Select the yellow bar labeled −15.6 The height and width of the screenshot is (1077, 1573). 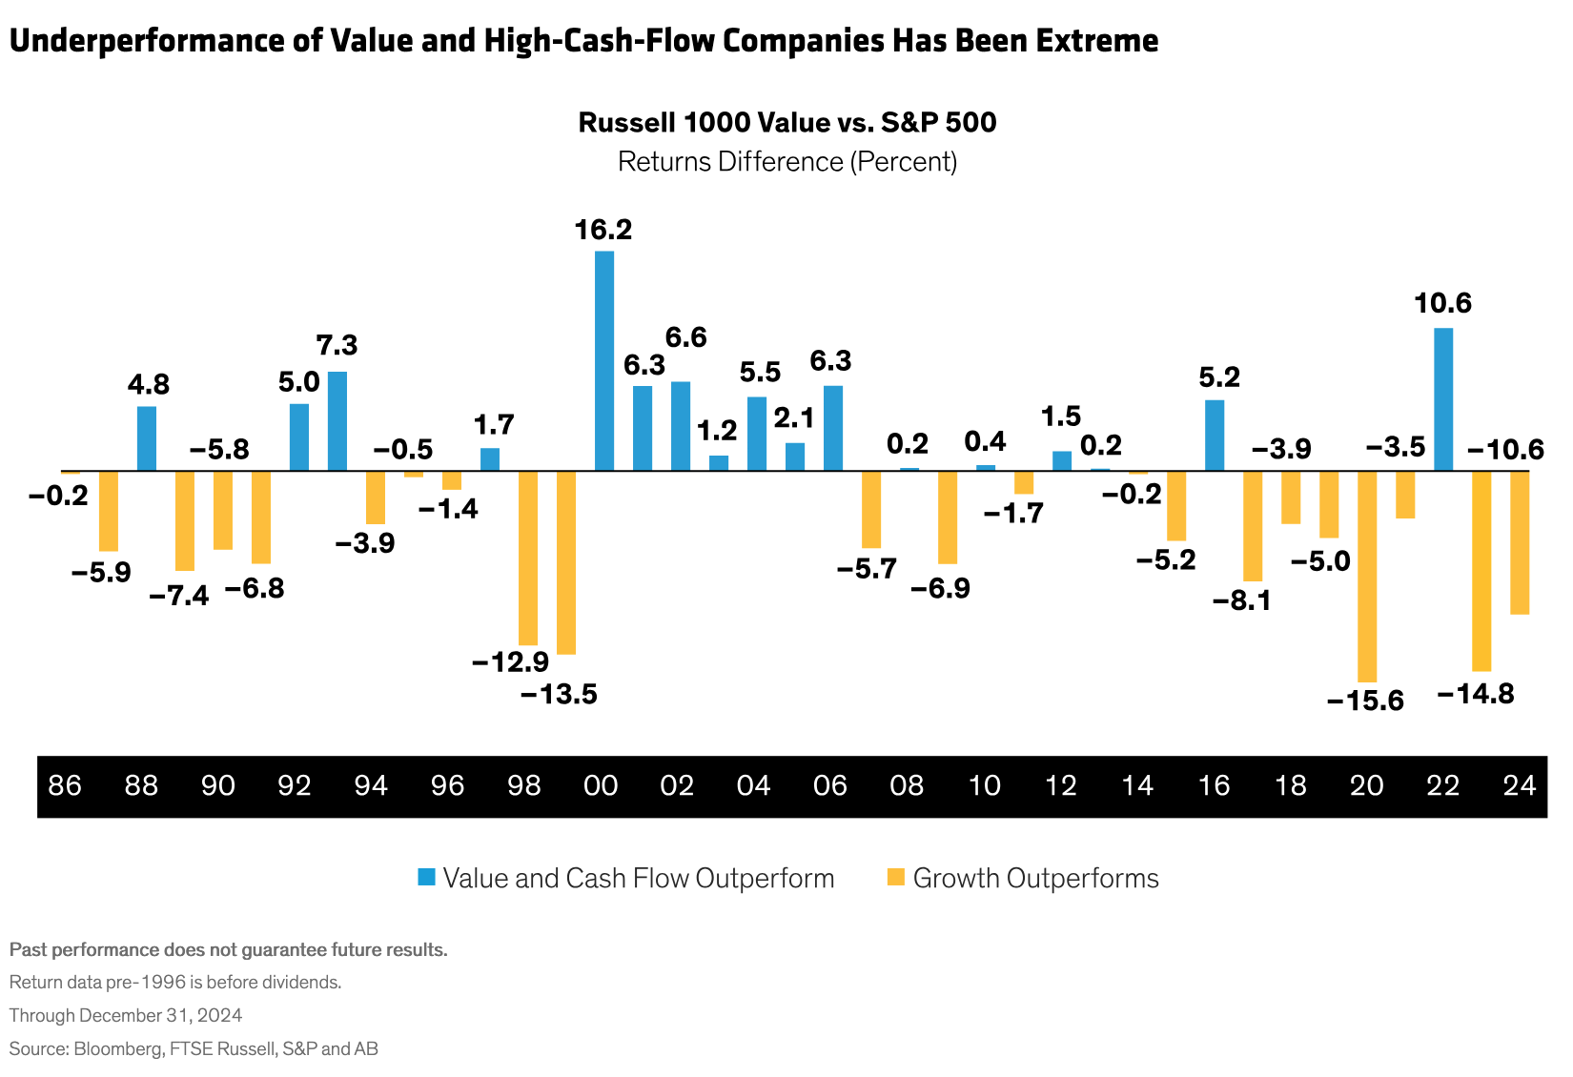(x=1367, y=576)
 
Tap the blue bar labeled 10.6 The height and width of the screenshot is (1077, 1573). (x=1443, y=399)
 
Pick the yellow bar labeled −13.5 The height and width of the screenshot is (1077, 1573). (x=566, y=562)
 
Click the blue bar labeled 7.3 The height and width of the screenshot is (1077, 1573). (x=337, y=420)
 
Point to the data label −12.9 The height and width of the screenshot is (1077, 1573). (x=510, y=660)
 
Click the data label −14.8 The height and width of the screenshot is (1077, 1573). (x=1475, y=694)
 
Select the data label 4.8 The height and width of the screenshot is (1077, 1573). (x=148, y=385)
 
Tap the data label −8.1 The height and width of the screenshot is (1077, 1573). (x=1241, y=601)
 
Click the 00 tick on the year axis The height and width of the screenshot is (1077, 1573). (x=601, y=786)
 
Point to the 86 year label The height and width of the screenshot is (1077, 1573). (x=65, y=786)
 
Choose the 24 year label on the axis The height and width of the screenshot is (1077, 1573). (x=1519, y=786)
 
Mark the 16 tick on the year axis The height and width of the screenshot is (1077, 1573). (x=1214, y=786)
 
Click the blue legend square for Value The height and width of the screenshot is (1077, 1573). (x=426, y=878)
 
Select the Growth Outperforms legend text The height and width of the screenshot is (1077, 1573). (x=1035, y=878)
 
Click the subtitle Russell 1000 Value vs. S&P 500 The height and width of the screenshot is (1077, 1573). (x=787, y=123)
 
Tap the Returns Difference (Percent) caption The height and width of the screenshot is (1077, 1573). (x=787, y=161)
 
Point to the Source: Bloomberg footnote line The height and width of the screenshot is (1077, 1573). (x=194, y=1048)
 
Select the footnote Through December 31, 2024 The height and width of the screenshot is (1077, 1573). (x=126, y=1015)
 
